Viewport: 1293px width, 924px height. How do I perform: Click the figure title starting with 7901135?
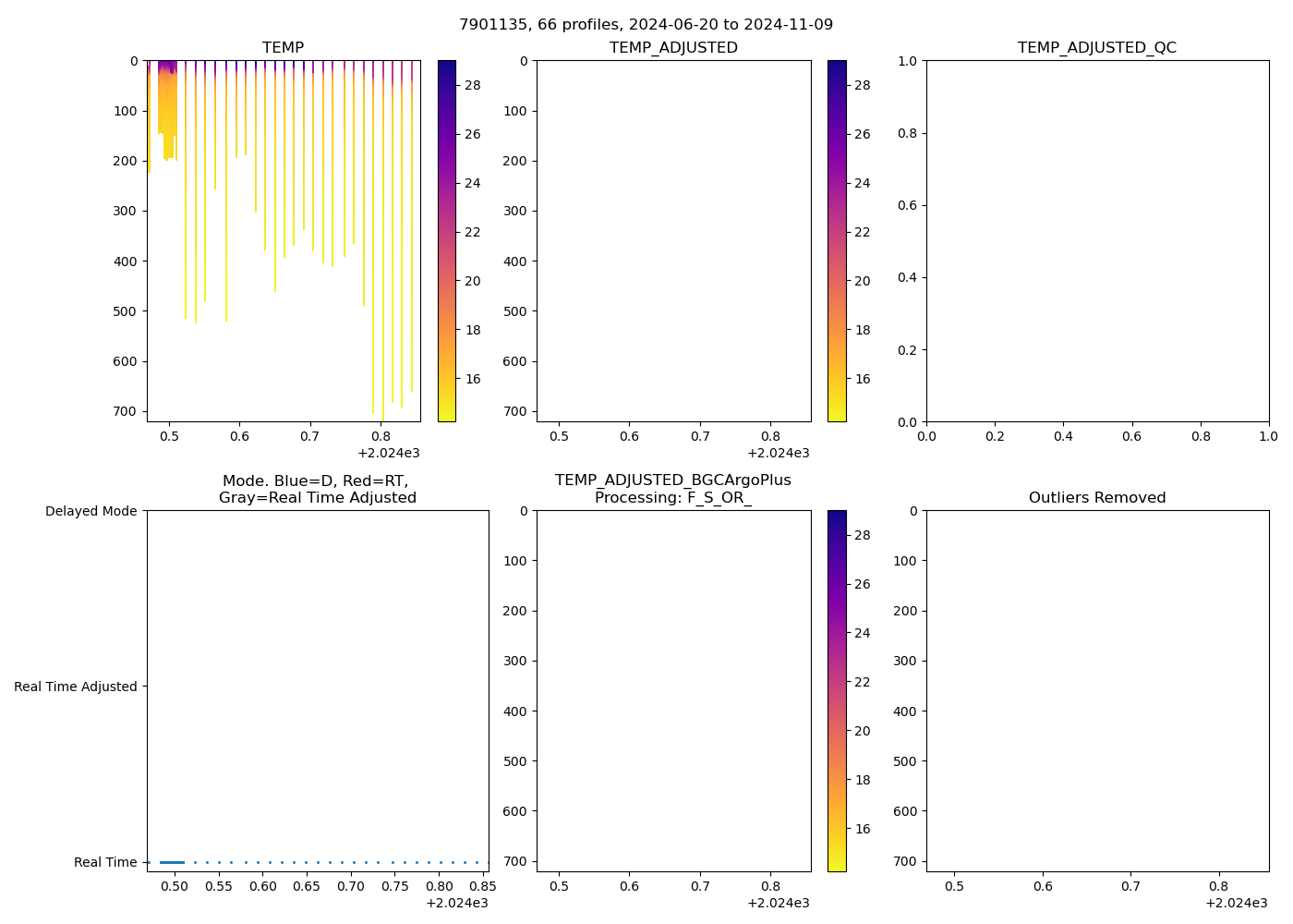(646, 24)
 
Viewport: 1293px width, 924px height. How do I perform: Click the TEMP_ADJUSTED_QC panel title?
(1097, 47)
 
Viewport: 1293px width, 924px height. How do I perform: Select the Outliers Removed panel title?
(1097, 497)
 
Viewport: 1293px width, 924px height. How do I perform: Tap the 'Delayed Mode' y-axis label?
(91, 511)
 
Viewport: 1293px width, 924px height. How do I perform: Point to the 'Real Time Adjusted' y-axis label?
(76, 687)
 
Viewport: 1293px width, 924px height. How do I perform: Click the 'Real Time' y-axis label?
(105, 862)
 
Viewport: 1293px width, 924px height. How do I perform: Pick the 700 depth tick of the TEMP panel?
(127, 411)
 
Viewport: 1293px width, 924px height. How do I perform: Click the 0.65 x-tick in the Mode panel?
(307, 886)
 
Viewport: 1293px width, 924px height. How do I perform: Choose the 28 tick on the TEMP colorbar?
(472, 85)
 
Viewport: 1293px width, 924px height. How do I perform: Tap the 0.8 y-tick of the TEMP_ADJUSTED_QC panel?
(908, 133)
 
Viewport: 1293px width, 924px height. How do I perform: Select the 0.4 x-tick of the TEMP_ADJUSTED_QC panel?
(1063, 436)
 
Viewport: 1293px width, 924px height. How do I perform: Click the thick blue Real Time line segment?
(172, 862)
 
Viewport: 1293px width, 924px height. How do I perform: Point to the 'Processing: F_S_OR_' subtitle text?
(673, 497)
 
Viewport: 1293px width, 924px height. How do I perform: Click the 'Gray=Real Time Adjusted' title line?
(317, 497)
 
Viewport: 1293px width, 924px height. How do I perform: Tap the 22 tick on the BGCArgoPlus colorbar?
(862, 682)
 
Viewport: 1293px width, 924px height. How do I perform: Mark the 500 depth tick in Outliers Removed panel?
(906, 761)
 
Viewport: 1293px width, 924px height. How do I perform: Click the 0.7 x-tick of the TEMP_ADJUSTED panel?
(700, 436)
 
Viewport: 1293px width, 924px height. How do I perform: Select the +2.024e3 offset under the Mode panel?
(456, 903)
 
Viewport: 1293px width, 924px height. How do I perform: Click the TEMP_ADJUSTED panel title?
(673, 47)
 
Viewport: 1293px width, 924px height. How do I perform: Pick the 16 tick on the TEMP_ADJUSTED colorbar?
(862, 379)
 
